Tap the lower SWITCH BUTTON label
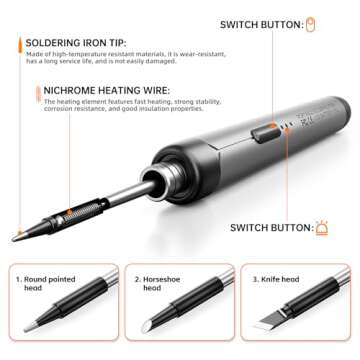click(x=270, y=227)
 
